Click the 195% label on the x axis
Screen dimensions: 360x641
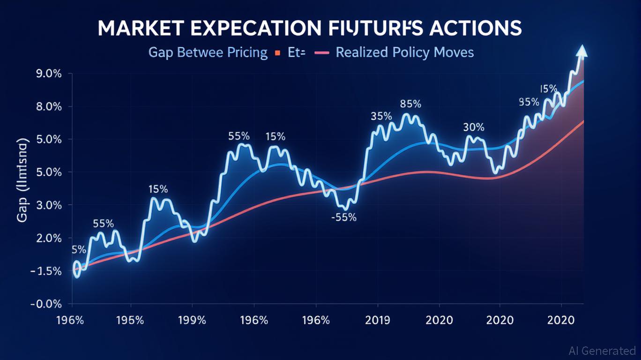coord(130,321)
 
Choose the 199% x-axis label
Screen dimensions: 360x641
coord(192,321)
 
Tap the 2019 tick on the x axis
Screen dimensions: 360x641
coord(378,321)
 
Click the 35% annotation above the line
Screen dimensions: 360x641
coord(381,116)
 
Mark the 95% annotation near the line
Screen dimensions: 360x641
coord(529,102)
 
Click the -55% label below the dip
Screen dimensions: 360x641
coord(343,217)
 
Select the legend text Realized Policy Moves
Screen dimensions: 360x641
coord(405,52)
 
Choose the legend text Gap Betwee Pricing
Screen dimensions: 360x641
coord(208,52)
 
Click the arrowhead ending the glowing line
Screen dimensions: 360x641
coord(582,51)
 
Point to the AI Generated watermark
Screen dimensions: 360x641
coord(602,351)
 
